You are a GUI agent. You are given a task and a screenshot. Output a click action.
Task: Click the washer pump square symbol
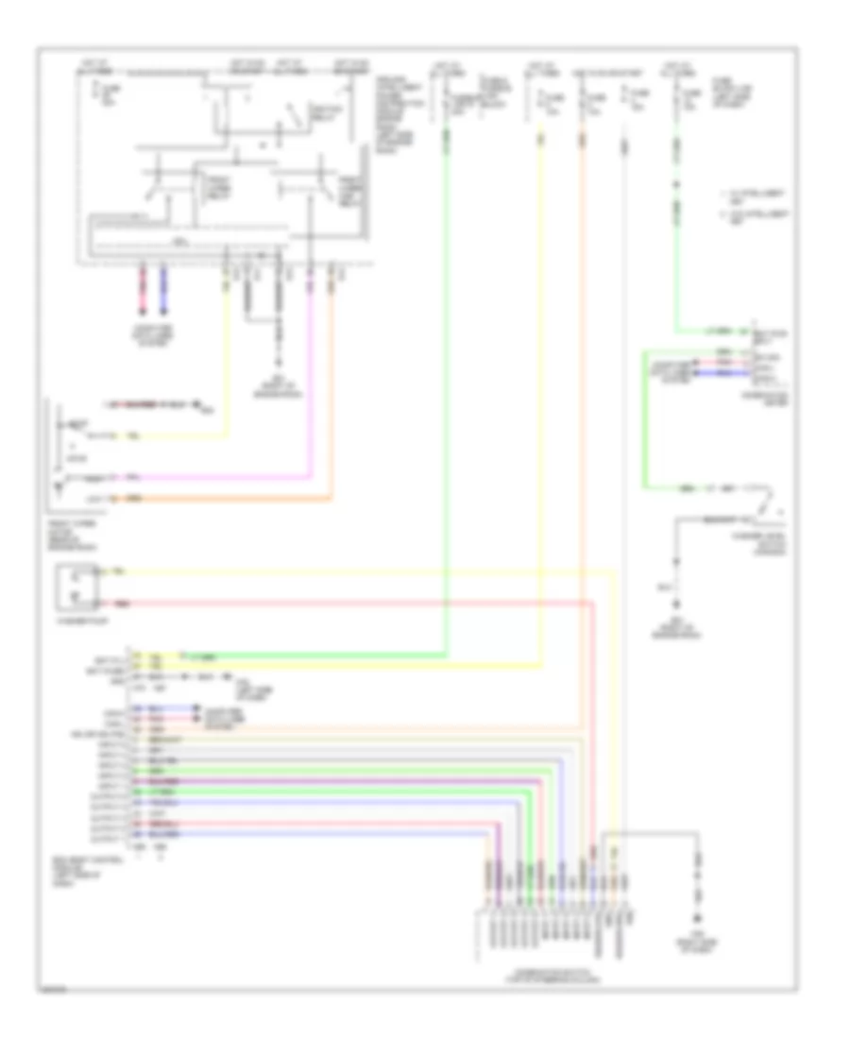(x=75, y=586)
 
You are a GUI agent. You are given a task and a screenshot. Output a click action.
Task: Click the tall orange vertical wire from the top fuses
(x=583, y=472)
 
